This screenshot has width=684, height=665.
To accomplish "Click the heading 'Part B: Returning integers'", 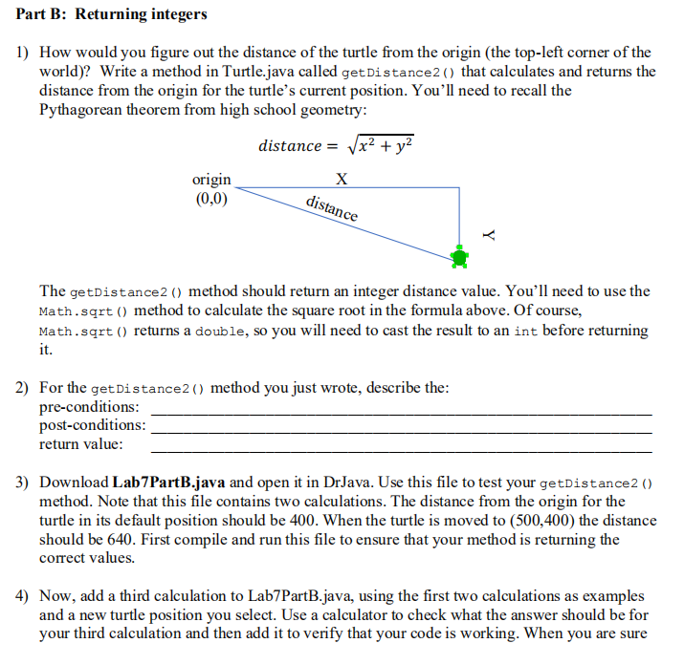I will pyautogui.click(x=111, y=14).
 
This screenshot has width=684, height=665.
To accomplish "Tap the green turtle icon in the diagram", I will pyautogui.click(x=460, y=256).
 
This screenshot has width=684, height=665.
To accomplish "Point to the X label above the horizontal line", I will pyautogui.click(x=342, y=180).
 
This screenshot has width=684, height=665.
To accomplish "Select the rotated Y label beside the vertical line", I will pyautogui.click(x=489, y=232).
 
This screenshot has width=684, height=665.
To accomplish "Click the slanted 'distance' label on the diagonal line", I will pyautogui.click(x=331, y=208).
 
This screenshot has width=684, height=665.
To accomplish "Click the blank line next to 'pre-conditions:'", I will pyautogui.click(x=402, y=411).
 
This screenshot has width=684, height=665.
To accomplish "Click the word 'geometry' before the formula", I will pyautogui.click(x=307, y=109).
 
